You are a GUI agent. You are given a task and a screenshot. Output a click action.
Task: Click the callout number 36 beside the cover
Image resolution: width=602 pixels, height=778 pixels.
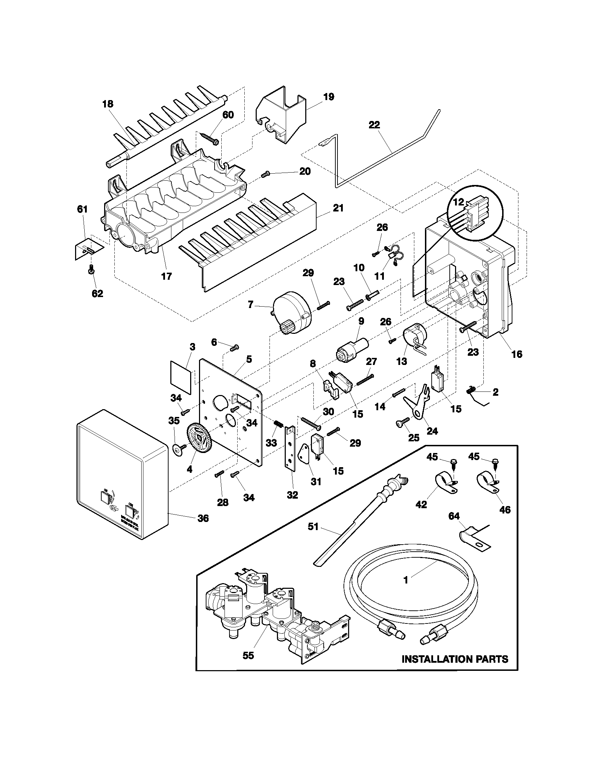[203, 518]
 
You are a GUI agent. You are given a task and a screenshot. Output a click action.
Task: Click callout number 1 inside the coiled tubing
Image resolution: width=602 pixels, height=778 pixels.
[405, 580]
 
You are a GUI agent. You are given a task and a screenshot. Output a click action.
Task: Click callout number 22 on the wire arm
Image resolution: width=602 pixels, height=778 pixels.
[374, 125]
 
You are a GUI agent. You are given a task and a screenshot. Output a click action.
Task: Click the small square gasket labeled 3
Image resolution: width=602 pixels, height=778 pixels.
[181, 373]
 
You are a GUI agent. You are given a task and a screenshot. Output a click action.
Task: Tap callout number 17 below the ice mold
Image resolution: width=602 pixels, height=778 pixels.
[166, 276]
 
